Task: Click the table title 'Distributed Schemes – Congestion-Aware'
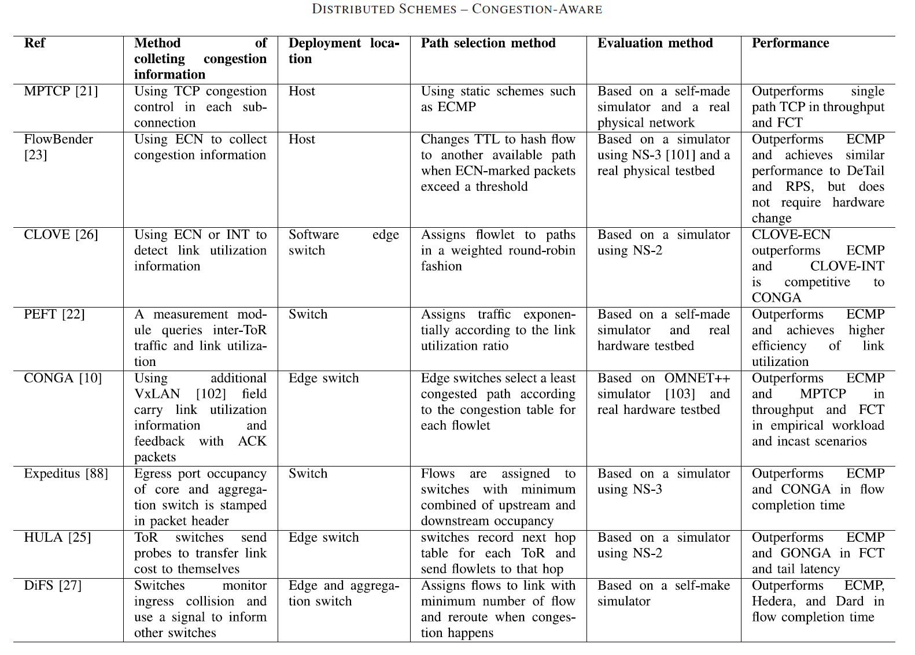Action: (457, 9)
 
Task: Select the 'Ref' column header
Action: (35, 43)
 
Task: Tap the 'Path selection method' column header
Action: (488, 43)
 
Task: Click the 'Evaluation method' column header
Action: (655, 43)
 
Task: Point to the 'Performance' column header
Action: (790, 43)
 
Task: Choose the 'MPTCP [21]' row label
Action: (61, 91)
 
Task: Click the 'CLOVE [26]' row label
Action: (61, 235)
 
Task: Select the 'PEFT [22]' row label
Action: (54, 314)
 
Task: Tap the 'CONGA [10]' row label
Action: (63, 378)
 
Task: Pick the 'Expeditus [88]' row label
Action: (66, 473)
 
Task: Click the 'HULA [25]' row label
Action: (58, 538)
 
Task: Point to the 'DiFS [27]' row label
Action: (53, 586)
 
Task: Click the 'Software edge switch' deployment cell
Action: (344, 243)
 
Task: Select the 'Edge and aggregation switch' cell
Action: (344, 593)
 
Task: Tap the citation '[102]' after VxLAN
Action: (211, 394)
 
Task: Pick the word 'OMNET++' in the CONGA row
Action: (697, 378)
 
